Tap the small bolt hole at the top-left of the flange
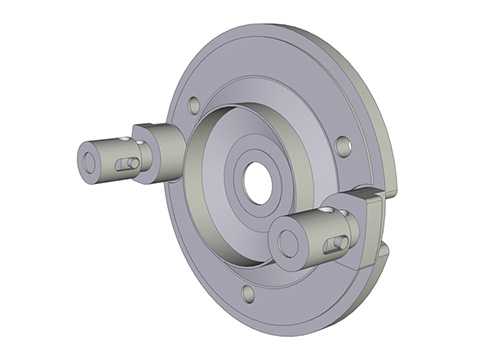[194, 104]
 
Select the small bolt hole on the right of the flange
[343, 146]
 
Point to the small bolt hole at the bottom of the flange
[247, 293]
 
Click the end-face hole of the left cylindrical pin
[91, 160]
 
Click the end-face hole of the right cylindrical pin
[288, 242]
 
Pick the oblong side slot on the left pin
[127, 163]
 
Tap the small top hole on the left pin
[123, 140]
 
